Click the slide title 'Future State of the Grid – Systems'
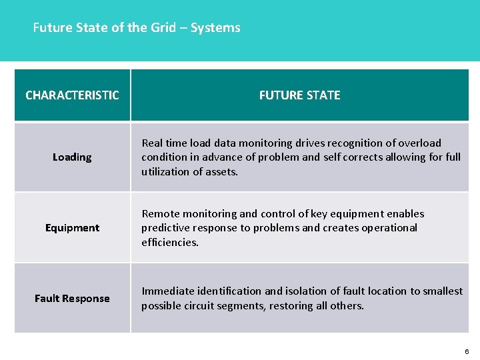tap(137, 28)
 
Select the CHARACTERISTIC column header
tap(72, 95)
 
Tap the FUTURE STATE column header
tap(299, 95)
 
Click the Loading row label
tap(72, 157)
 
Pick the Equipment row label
tap(72, 228)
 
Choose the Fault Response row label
tap(72, 299)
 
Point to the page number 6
tap(467, 351)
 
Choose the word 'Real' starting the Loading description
tap(152, 143)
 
